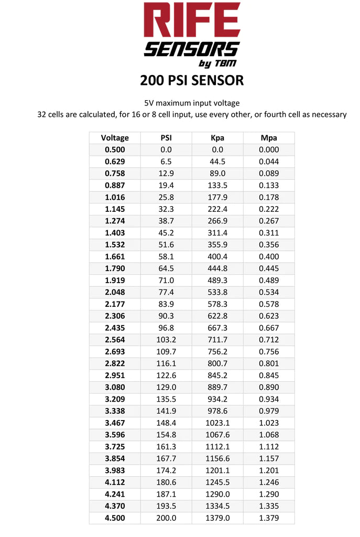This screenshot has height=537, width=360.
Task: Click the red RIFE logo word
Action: tap(192, 21)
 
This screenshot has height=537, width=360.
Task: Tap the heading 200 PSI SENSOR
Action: tap(192, 80)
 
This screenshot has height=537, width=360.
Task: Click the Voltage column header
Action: tap(115, 138)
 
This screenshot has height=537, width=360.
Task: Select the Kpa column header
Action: tap(217, 138)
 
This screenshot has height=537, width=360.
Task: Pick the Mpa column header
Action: tap(269, 138)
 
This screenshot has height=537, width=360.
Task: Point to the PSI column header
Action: tap(166, 138)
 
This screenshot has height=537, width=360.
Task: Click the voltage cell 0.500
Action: tap(115, 150)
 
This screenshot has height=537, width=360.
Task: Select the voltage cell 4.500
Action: tap(115, 518)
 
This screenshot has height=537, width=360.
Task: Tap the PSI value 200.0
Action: tap(166, 518)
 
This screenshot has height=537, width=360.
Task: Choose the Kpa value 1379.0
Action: tap(217, 518)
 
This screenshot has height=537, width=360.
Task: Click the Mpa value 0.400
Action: tap(269, 256)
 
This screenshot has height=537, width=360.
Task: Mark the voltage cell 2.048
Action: tap(115, 292)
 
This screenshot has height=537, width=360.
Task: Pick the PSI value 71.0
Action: tap(166, 281)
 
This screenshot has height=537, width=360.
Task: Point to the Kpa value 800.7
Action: tap(217, 363)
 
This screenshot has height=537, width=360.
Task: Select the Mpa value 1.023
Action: tap(269, 423)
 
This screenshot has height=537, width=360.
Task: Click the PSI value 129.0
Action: tap(166, 387)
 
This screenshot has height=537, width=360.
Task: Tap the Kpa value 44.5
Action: tap(217, 162)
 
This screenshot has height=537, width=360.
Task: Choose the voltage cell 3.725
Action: tap(115, 446)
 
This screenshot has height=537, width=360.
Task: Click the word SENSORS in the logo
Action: tap(191, 49)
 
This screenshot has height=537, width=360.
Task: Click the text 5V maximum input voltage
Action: tap(192, 103)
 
